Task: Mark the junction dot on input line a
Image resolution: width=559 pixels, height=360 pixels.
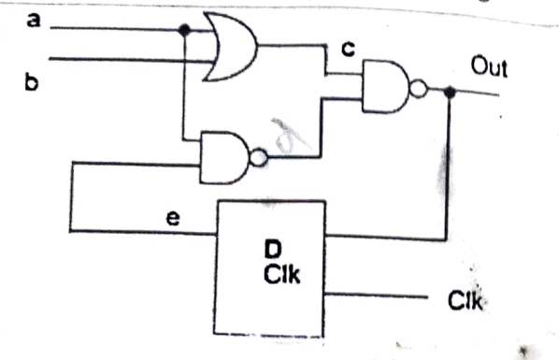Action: pos(184,30)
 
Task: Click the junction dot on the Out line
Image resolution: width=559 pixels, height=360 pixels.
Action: pos(451,92)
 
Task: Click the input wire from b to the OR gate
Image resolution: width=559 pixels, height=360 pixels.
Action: pos(122,58)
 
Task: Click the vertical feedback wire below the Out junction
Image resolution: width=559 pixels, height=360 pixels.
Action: pos(451,168)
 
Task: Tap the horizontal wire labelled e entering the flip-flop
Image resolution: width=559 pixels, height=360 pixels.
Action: pos(140,231)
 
